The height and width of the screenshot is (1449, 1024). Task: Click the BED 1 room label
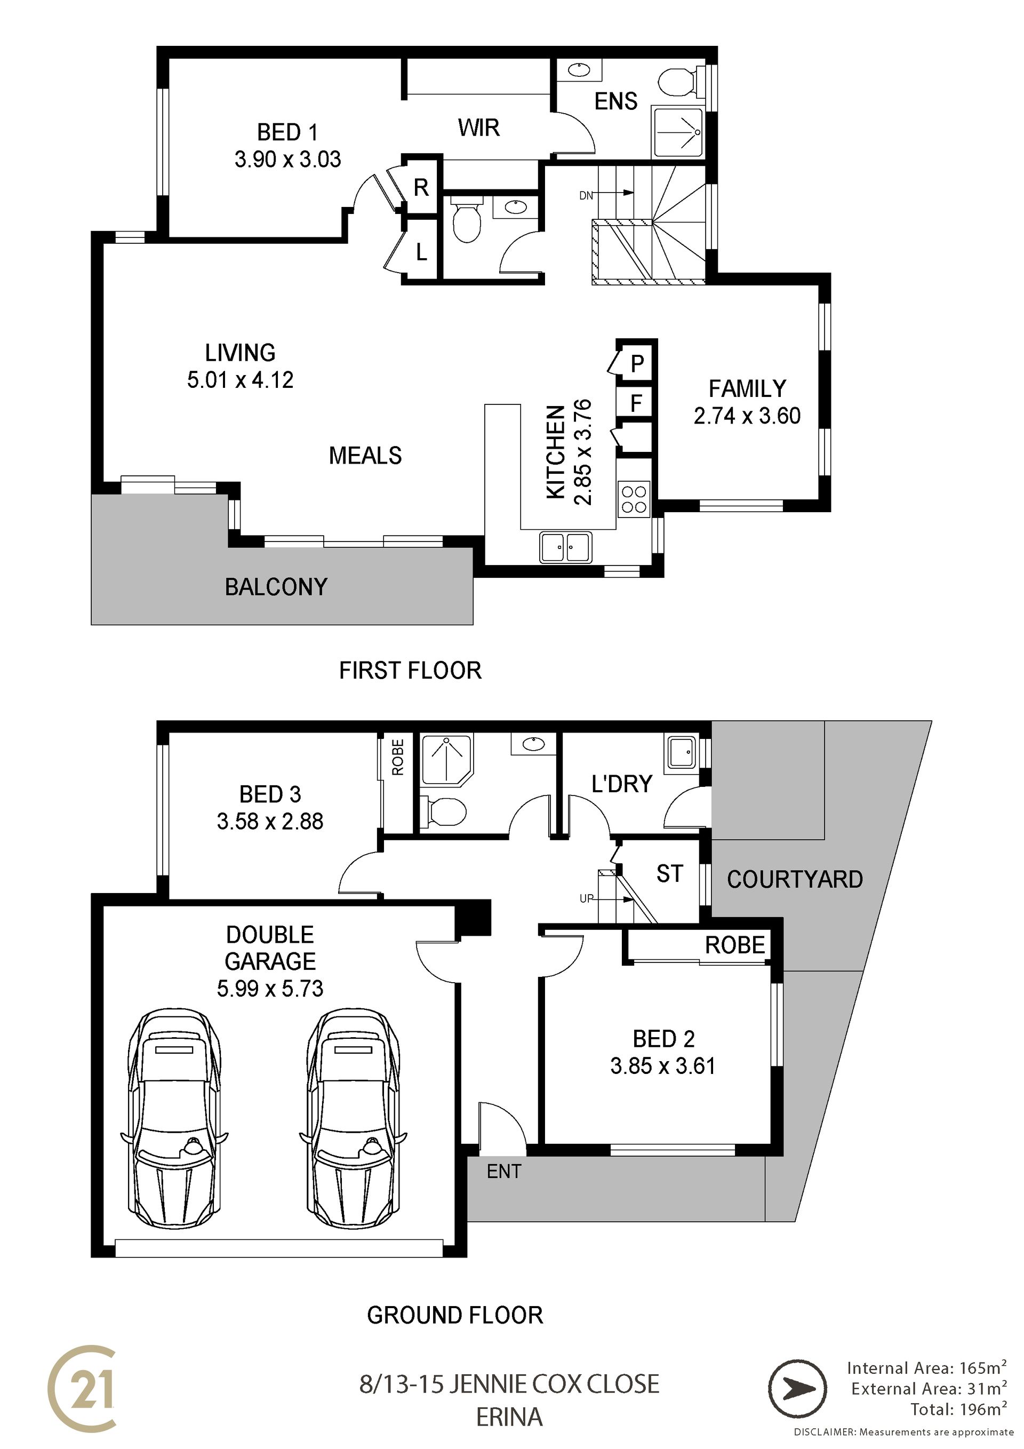tap(287, 132)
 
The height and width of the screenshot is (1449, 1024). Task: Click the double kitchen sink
tap(566, 546)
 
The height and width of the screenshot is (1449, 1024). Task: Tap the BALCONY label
tap(276, 587)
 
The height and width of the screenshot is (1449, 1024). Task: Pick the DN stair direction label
tap(586, 196)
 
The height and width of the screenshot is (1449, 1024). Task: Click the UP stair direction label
tap(587, 898)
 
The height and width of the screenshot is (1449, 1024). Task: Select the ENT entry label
tap(504, 1172)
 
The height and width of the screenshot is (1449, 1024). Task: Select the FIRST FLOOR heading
tap(410, 670)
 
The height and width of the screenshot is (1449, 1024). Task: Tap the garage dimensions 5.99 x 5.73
tap(270, 988)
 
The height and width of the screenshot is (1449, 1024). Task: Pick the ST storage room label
tap(669, 873)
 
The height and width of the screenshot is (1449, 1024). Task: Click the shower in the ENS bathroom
tap(678, 132)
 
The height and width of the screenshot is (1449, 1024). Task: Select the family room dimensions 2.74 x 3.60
tap(747, 416)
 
